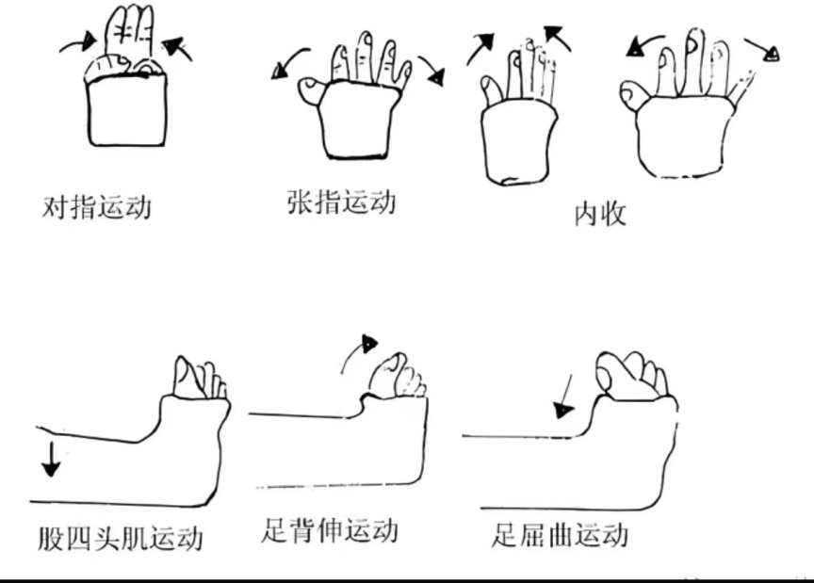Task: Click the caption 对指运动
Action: pos(97,206)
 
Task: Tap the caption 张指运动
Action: pos(341,202)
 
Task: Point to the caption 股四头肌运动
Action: pos(121,539)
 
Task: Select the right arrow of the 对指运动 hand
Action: pos(178,47)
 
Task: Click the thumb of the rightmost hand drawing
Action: pos(634,92)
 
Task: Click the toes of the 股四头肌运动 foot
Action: pos(200,378)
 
